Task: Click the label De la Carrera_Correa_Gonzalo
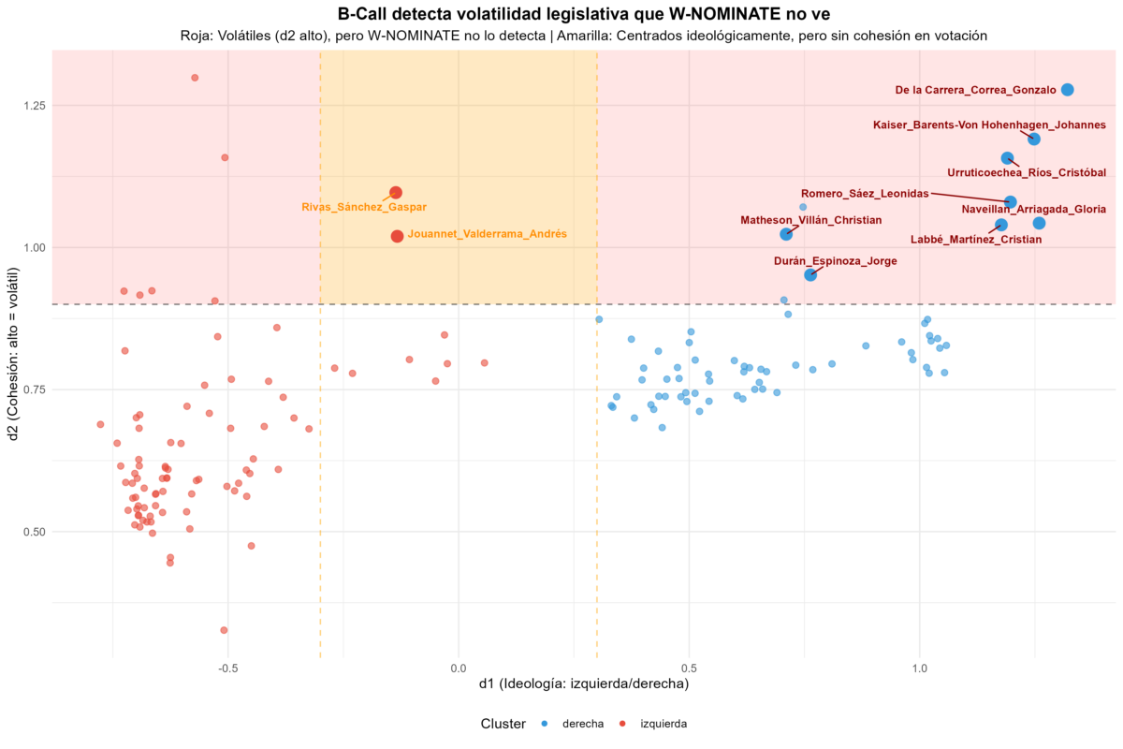(976, 91)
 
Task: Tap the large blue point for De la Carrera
(1067, 90)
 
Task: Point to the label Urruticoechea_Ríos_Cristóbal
(1027, 172)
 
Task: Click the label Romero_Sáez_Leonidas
(865, 194)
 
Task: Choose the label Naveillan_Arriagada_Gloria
(1033, 210)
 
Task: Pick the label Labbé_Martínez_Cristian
(976, 240)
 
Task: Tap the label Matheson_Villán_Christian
(811, 221)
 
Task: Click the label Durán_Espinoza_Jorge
(836, 261)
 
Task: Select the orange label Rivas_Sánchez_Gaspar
(364, 207)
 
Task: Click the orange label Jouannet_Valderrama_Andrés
(488, 234)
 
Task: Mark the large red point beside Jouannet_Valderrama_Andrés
(398, 237)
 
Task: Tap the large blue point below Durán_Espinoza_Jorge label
(810, 274)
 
